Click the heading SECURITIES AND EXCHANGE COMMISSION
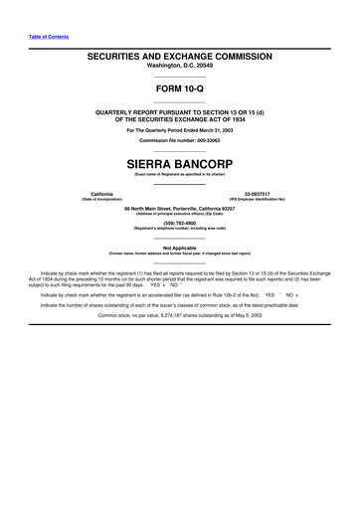[x=179, y=59]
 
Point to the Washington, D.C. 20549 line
[x=179, y=69]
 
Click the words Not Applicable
[x=179, y=248]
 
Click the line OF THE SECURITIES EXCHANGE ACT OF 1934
[x=179, y=118]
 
